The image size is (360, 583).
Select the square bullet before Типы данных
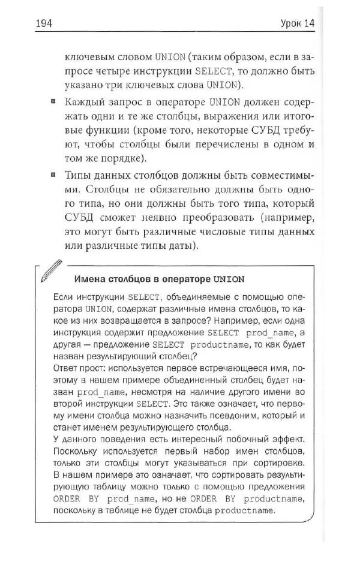[54, 175]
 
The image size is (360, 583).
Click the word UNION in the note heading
[228, 279]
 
